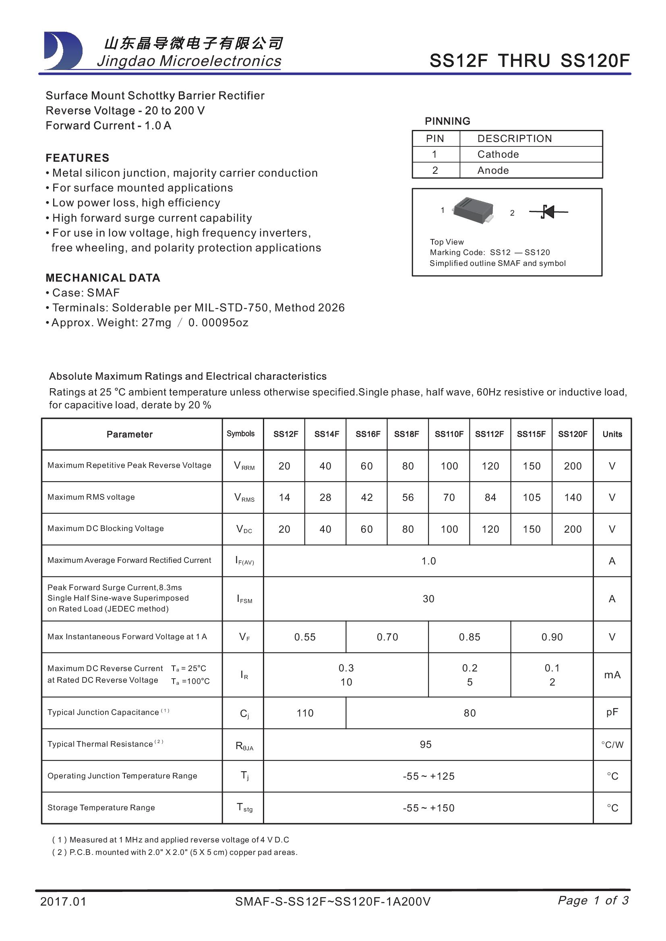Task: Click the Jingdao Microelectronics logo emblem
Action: click(x=63, y=51)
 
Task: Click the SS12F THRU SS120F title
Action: click(x=529, y=61)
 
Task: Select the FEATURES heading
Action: click(x=77, y=158)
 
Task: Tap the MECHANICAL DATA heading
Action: click(x=103, y=278)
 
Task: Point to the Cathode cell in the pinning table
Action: click(x=498, y=154)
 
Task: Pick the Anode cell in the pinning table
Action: click(x=493, y=171)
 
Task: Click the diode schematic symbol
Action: click(x=548, y=212)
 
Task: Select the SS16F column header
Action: click(x=368, y=434)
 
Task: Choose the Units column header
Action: click(x=612, y=434)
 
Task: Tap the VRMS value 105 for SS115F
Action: click(x=532, y=498)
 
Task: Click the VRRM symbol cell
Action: click(x=244, y=466)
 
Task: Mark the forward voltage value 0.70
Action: click(x=387, y=637)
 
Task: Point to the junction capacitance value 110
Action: click(x=305, y=713)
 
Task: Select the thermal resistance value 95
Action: click(x=426, y=744)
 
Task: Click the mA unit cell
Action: click(x=612, y=675)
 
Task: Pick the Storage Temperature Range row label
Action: click(x=101, y=807)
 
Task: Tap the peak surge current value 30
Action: click(x=428, y=599)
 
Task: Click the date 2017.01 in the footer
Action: click(x=64, y=902)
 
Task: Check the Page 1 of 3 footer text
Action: click(x=593, y=900)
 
